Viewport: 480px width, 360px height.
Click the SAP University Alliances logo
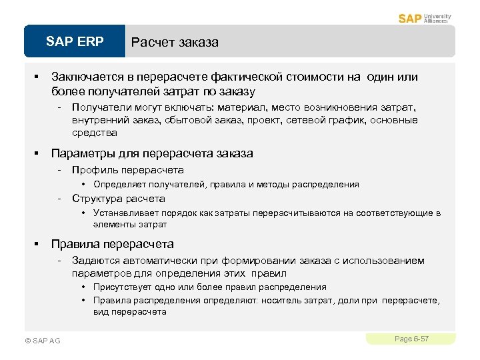click(425, 18)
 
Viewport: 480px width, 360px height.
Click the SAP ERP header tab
click(75, 42)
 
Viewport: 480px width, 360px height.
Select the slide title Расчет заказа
click(175, 43)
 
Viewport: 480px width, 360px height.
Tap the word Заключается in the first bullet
click(84, 77)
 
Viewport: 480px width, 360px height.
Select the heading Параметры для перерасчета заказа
click(152, 153)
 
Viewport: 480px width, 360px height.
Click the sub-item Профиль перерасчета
click(127, 170)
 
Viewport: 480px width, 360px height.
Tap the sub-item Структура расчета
click(118, 199)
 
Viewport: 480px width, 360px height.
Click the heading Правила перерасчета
click(112, 244)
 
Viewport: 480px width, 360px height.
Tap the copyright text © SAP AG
click(42, 341)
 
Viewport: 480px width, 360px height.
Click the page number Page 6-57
click(411, 339)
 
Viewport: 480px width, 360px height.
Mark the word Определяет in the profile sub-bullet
click(117, 185)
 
